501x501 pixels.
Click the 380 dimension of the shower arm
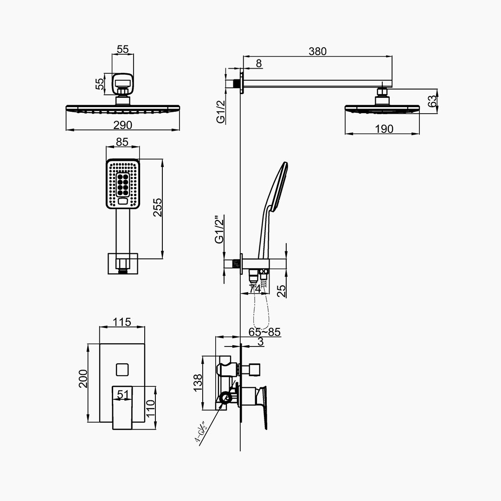[x=318, y=51]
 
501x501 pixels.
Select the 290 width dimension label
[x=122, y=125]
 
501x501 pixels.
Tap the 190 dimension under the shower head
[x=384, y=129]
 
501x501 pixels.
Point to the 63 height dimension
[x=432, y=101]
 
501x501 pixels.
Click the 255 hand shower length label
[x=158, y=208]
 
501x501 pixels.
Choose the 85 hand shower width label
[x=122, y=142]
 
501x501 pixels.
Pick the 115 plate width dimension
[x=122, y=322]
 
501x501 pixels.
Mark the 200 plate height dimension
[x=83, y=379]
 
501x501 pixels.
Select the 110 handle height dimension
[x=150, y=408]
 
